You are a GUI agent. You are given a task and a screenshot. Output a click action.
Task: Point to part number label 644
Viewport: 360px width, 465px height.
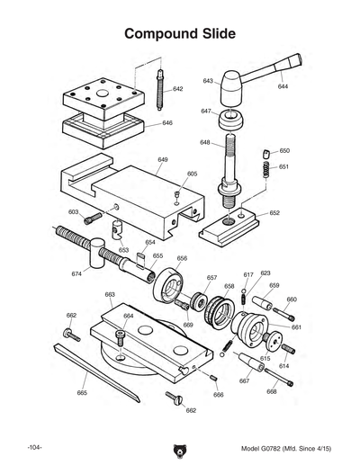tap(283, 87)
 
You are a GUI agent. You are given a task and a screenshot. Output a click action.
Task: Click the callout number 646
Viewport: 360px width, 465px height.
tap(167, 123)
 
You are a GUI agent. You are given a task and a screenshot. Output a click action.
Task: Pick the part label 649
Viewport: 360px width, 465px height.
tap(163, 159)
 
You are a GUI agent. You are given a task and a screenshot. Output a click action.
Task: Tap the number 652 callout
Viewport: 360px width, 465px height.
tap(274, 213)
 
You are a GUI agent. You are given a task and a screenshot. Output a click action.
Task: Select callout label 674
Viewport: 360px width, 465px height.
tap(76, 273)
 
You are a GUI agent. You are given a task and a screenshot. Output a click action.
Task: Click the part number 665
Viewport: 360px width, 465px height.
tap(82, 393)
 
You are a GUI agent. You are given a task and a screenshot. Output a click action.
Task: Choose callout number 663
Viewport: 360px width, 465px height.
tap(110, 294)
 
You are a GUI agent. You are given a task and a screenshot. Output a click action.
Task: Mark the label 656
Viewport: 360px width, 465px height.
tap(182, 258)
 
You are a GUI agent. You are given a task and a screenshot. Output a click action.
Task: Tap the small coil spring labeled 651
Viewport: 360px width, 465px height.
tap(267, 167)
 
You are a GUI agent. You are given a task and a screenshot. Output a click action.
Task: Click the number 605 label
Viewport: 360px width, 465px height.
tap(192, 173)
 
